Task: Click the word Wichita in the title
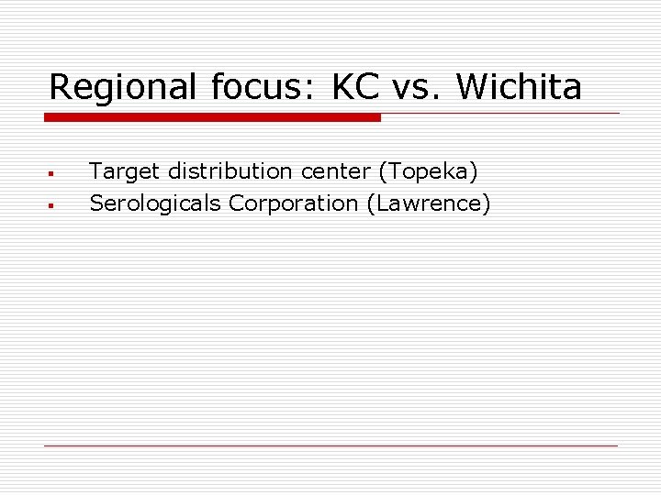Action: click(519, 88)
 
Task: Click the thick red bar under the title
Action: click(212, 117)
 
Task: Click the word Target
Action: click(125, 171)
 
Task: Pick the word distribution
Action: click(230, 171)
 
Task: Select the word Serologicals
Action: click(155, 203)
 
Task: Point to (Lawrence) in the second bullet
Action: click(429, 203)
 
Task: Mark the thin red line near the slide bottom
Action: click(330, 445)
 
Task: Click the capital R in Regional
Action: click(61, 88)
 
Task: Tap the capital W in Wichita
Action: click(471, 88)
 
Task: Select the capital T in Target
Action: click(95, 171)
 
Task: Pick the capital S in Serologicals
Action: click(95, 203)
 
